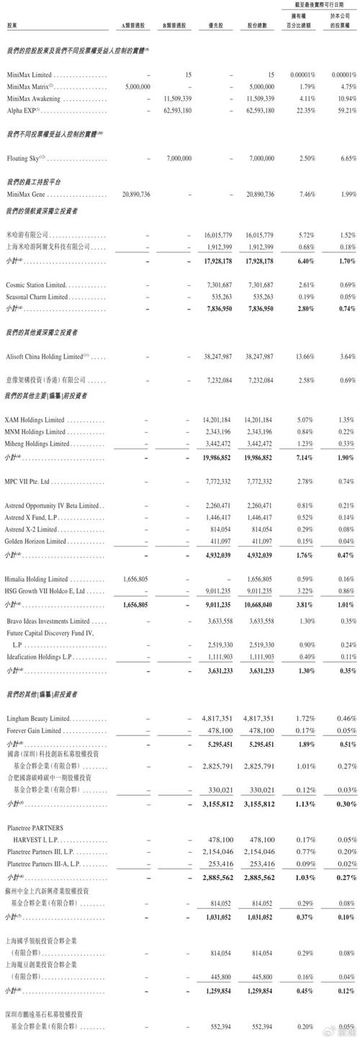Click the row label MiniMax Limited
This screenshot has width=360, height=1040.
coord(29,75)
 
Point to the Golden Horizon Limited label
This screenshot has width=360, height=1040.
coord(34,541)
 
